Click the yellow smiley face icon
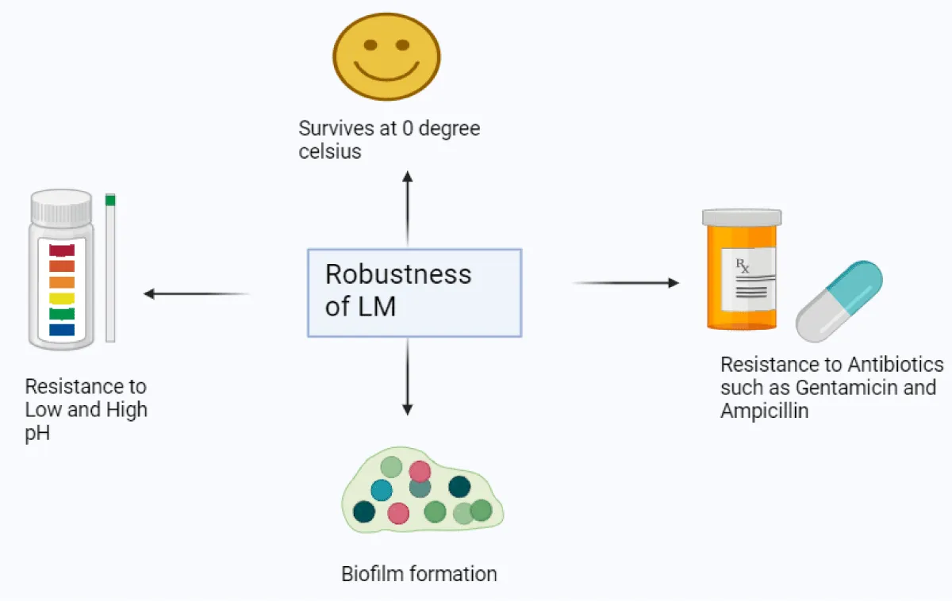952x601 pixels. pyautogui.click(x=386, y=52)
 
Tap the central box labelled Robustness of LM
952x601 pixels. pyautogui.click(x=414, y=292)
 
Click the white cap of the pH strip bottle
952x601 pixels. pyautogui.click(x=61, y=207)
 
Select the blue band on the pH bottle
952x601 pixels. pyautogui.click(x=62, y=329)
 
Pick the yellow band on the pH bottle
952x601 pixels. pyautogui.click(x=62, y=298)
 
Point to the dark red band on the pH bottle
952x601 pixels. pyautogui.click(x=62, y=251)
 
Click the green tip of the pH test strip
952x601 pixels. pyautogui.click(x=110, y=200)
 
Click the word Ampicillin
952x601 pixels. pyautogui.click(x=764, y=411)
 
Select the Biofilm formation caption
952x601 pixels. pyautogui.click(x=419, y=573)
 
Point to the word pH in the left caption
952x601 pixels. pyautogui.click(x=37, y=433)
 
